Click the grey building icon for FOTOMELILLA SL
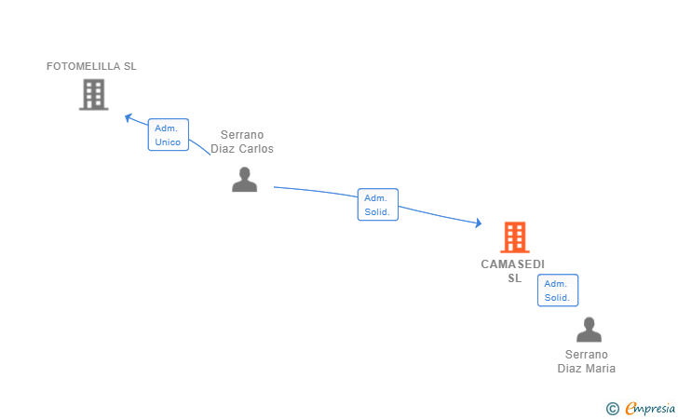(93, 95)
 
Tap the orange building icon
(514, 237)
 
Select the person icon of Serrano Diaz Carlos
(244, 180)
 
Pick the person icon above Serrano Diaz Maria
(589, 330)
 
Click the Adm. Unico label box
(169, 135)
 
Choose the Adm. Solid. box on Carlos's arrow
(377, 205)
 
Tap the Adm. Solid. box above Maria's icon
(558, 291)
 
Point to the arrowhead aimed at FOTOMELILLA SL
(128, 117)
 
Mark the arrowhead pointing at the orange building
(479, 223)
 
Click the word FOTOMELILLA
(77, 66)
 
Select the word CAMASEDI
(513, 264)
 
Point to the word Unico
(168, 142)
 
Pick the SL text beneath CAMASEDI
(514, 278)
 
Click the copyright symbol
(612, 409)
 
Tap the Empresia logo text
(650, 409)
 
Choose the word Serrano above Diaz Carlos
(242, 135)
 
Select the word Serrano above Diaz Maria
(587, 355)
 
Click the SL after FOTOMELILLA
(130, 66)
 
